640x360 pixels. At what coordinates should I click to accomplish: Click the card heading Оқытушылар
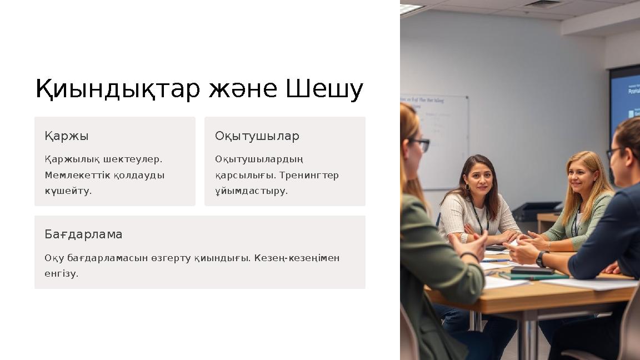[257, 136]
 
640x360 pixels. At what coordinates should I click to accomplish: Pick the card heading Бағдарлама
[83, 234]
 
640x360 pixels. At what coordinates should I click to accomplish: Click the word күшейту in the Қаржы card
[67, 191]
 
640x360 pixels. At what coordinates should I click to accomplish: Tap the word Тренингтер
[309, 175]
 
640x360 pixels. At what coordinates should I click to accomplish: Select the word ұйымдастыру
[251, 191]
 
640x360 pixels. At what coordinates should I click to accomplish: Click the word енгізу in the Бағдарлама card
[61, 273]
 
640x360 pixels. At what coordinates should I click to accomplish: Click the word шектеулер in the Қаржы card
[136, 159]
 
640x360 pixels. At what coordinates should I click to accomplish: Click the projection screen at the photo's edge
[626, 100]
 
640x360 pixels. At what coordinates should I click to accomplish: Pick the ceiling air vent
[542, 4]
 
